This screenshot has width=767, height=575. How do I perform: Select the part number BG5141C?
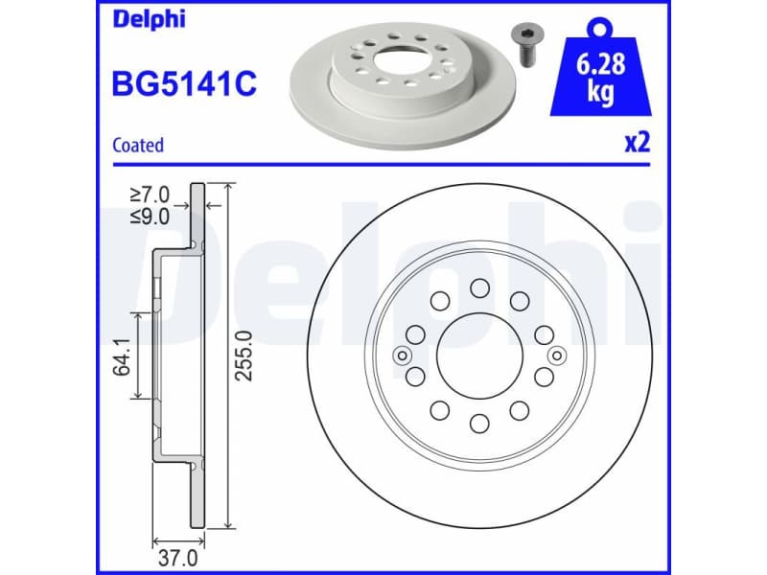pos(185,84)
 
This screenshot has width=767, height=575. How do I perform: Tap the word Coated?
pos(138,146)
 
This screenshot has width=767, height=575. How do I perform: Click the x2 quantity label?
pos(638,144)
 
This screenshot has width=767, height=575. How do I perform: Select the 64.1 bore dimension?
pos(123,355)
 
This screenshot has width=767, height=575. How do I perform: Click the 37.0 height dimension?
pos(177,556)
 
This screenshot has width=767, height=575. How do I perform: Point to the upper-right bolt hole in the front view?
pos(520,301)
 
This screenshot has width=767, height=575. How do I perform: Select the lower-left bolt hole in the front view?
pos(439,410)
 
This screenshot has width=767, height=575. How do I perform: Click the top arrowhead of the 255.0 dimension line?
pos(227,188)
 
